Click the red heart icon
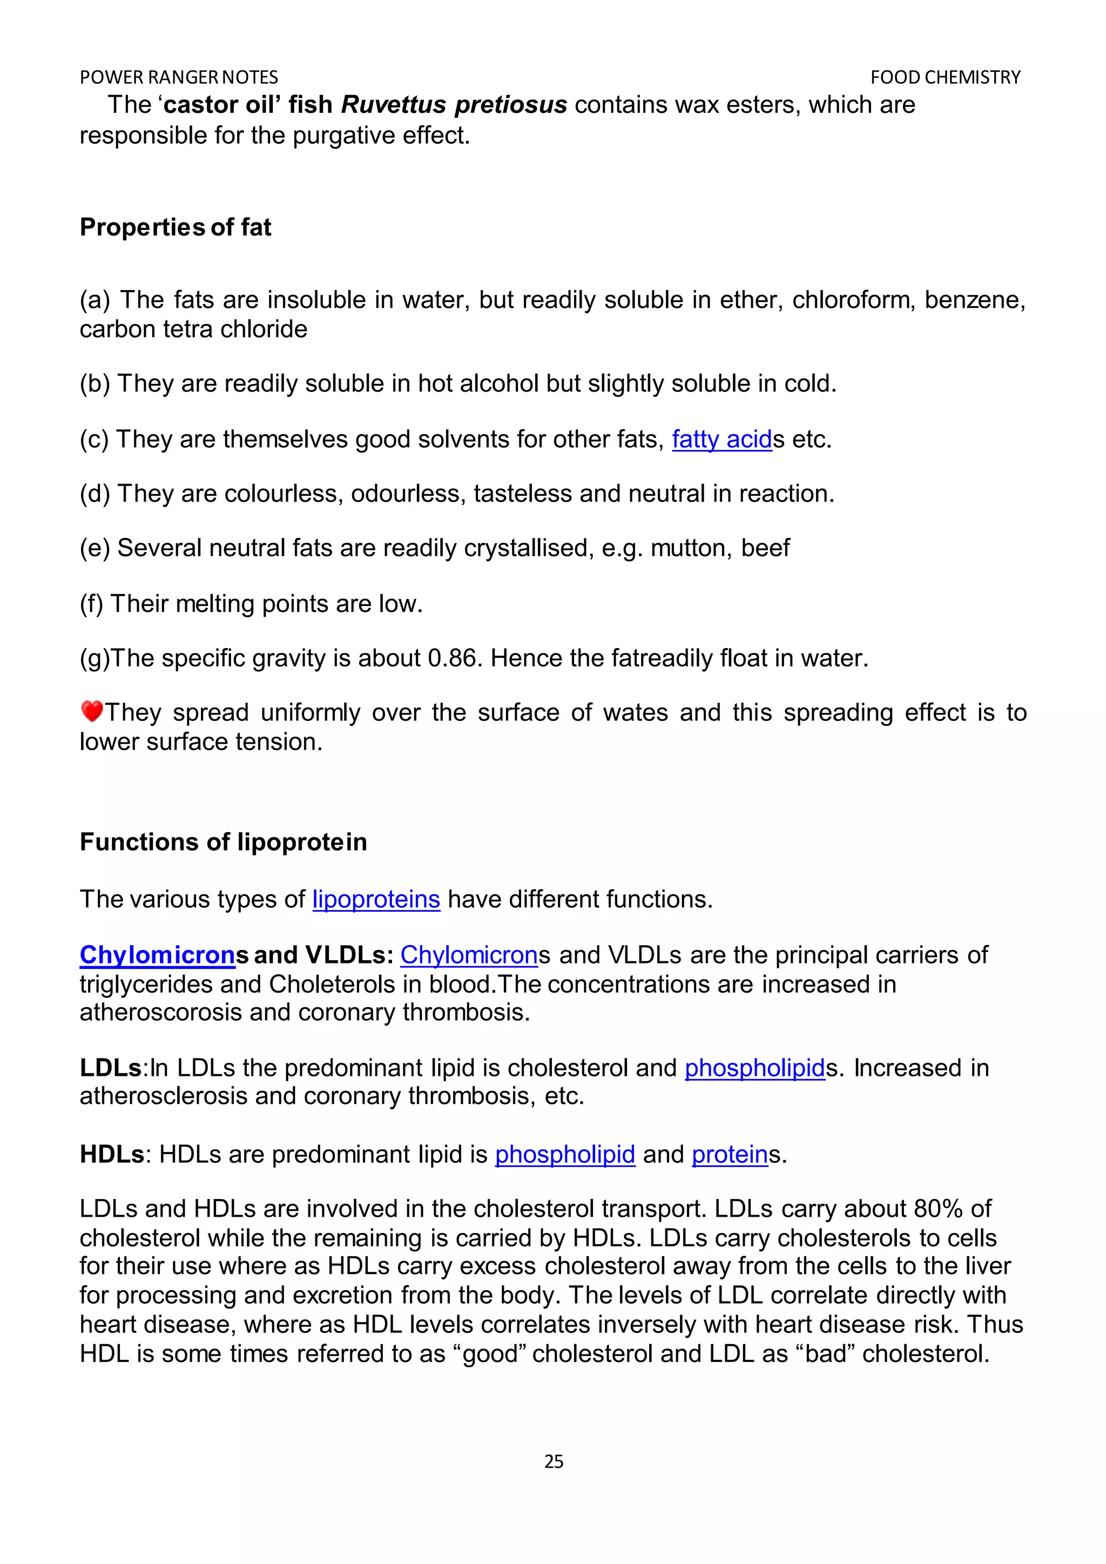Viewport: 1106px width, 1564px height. pyautogui.click(x=91, y=711)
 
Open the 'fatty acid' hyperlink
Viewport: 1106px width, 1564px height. pyautogui.click(x=722, y=440)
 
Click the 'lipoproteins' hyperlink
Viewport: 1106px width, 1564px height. pyautogui.click(x=376, y=899)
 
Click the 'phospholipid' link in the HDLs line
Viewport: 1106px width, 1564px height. pyautogui.click(x=564, y=1154)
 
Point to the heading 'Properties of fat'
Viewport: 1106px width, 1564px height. pyautogui.click(x=175, y=227)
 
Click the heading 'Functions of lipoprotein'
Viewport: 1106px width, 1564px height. pyautogui.click(x=224, y=842)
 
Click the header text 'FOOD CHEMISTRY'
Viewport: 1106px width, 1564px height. pyautogui.click(x=945, y=78)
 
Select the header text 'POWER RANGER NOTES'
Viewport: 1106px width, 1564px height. pyautogui.click(x=179, y=78)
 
